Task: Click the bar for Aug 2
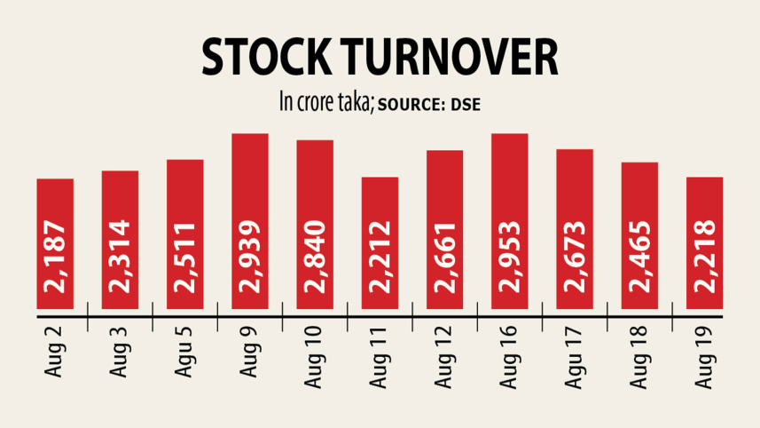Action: pos(55,244)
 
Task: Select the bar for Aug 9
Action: pos(250,222)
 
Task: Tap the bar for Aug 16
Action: pos(510,222)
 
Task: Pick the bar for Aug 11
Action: pos(380,244)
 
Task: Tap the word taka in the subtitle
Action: pos(356,102)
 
